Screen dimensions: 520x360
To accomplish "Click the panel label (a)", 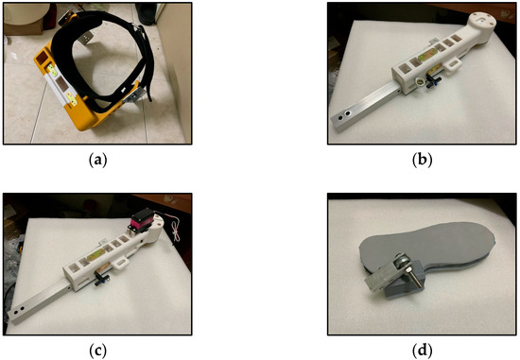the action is pos(97,160).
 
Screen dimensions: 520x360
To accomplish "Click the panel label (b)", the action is pos(422,160).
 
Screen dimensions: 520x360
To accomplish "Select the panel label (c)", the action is pos(97,351).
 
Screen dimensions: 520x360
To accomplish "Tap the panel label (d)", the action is pos(422,351).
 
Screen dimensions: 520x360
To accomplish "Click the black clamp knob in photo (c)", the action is pos(100,278).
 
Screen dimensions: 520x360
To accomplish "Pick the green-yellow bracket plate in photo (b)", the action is pos(427,55).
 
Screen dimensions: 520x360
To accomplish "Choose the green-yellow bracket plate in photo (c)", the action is pos(96,255).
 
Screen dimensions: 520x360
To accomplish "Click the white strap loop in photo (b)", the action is pos(452,64).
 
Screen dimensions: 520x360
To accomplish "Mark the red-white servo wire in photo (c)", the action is pos(175,228).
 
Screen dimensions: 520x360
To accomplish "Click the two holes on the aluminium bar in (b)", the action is pos(343,115).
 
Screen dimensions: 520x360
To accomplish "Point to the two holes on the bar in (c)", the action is pos(18,310).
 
